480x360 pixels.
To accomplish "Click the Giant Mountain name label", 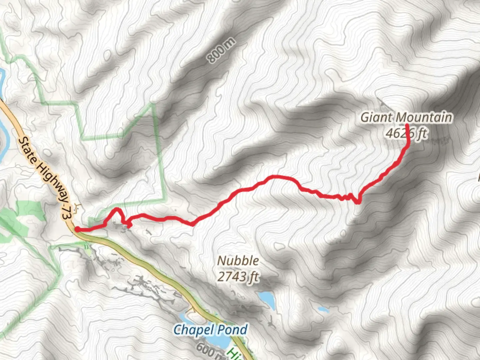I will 406,117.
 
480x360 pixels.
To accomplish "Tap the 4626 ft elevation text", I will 406,133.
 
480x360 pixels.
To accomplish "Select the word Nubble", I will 238,261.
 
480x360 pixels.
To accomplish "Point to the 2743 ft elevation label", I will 238,276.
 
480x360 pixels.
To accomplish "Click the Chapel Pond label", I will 210,330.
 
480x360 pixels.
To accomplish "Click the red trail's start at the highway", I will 77,229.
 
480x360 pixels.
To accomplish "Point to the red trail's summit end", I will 407,125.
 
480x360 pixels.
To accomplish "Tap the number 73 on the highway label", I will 67,212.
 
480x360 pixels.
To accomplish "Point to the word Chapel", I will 193,330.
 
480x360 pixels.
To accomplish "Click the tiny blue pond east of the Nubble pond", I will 323,310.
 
